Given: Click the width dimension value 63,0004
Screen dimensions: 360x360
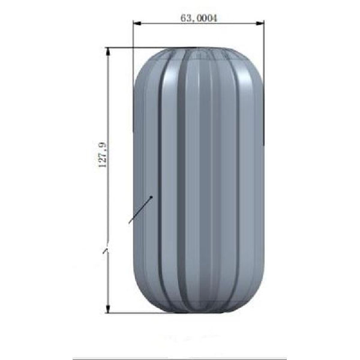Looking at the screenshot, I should [198, 18].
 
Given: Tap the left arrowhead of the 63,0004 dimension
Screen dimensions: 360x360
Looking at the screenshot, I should [136, 24].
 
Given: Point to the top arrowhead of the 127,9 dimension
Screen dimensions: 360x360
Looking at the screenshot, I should [108, 51].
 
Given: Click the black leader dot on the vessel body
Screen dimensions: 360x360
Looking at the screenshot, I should [152, 196].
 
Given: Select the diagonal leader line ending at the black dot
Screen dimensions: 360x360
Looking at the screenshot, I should [140, 210].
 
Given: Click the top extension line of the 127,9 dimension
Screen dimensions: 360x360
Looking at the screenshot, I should [150, 47].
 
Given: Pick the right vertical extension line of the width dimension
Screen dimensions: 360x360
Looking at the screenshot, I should [264, 78].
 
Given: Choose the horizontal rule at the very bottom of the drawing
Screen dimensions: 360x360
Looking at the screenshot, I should [180, 359].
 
